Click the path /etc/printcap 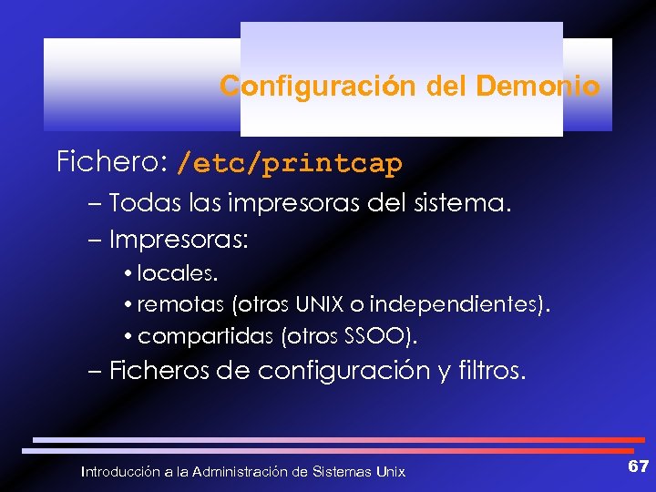coord(289,164)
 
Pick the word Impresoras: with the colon coord(179,241)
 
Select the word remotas coord(181,305)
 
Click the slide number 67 coord(638,466)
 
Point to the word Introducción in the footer coord(120,472)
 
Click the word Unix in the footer coord(391,472)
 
